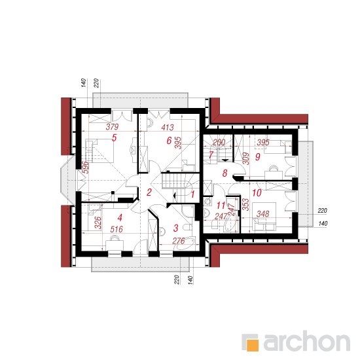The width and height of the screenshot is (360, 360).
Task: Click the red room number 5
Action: pyautogui.click(x=114, y=137)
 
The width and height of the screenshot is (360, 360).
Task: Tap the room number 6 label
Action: pyautogui.click(x=169, y=141)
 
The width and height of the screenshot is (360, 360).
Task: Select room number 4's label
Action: pyautogui.click(x=120, y=218)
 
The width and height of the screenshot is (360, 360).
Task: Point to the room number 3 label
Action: pyautogui.click(x=176, y=228)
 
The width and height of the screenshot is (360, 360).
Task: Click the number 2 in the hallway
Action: pyautogui.click(x=149, y=192)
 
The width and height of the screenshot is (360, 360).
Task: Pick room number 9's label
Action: pyautogui.click(x=258, y=157)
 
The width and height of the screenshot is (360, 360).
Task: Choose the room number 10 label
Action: pyautogui.click(x=257, y=193)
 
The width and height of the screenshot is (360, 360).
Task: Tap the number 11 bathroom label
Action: pyautogui.click(x=221, y=206)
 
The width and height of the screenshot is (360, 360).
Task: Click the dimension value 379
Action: pyautogui.click(x=112, y=127)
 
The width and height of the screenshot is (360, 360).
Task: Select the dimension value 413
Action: pyautogui.click(x=168, y=128)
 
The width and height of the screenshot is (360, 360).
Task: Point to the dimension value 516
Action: pyautogui.click(x=117, y=229)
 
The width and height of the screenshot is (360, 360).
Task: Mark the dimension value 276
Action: pyautogui.click(x=179, y=241)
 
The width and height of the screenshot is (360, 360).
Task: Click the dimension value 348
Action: pyautogui.click(x=262, y=214)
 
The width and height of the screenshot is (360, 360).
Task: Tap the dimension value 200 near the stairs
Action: pyautogui.click(x=219, y=143)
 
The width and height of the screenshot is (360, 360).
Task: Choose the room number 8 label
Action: pyautogui.click(x=225, y=173)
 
